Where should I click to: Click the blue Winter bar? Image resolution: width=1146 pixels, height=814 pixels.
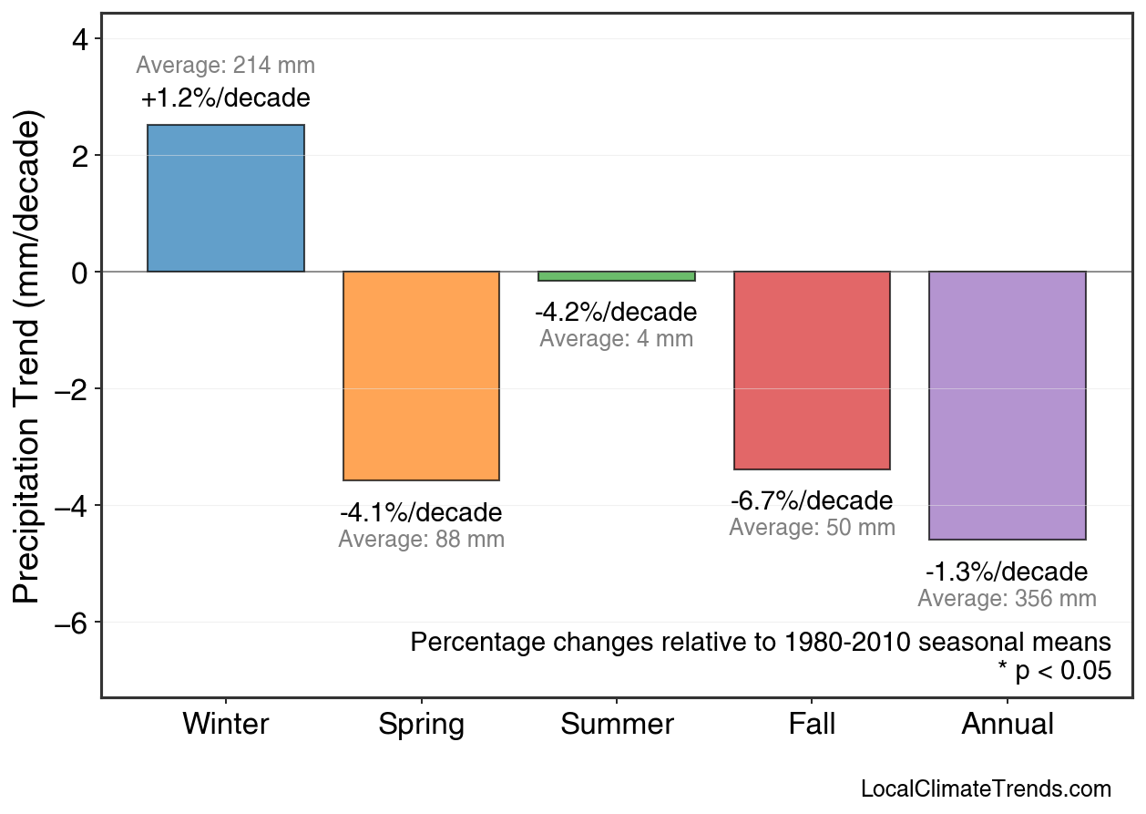[225, 198]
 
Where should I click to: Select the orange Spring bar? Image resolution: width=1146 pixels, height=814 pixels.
[421, 376]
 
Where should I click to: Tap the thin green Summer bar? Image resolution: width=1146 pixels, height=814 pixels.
[617, 276]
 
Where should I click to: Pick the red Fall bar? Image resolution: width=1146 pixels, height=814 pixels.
[812, 370]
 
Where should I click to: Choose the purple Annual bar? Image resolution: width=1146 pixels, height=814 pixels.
[1007, 406]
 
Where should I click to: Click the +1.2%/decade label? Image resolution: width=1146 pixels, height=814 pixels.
[225, 98]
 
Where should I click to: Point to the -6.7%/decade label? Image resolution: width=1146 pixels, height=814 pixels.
[812, 501]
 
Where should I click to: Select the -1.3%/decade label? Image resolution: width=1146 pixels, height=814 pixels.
[1007, 572]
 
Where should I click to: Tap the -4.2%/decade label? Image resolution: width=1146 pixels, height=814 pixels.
[616, 313]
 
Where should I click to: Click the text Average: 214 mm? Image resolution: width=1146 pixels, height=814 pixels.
[225, 66]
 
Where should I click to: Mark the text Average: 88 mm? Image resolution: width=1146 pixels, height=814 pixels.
[421, 540]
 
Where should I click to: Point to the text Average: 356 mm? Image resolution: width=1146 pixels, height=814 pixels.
[1007, 600]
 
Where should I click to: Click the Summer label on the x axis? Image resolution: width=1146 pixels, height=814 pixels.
[617, 725]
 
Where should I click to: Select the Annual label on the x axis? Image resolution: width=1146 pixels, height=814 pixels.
[1008, 725]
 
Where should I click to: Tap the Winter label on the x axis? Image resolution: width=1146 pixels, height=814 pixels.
[226, 725]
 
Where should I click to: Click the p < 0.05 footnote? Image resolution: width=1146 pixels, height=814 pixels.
[1055, 672]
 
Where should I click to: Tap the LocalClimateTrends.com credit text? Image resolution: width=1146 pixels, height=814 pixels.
[986, 789]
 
